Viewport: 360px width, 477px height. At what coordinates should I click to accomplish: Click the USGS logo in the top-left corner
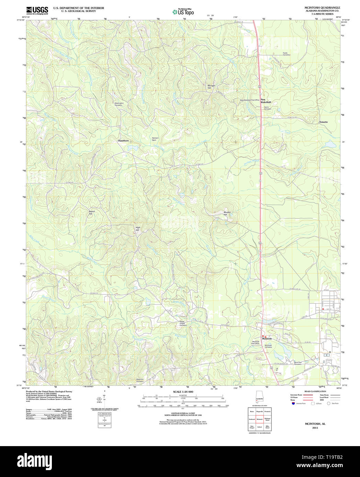click(37, 10)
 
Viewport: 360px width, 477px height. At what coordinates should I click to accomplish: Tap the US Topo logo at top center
click(183, 12)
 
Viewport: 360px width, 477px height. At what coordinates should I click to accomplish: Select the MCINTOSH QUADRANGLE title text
click(317, 8)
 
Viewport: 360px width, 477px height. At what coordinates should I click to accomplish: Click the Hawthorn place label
click(123, 141)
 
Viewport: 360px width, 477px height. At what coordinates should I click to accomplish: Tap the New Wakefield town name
click(266, 101)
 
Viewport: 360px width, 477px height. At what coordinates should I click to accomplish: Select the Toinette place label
click(323, 122)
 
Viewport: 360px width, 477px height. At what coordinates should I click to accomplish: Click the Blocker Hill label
click(227, 213)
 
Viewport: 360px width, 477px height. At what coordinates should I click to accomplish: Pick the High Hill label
click(137, 229)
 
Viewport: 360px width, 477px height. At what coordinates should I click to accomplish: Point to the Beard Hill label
click(91, 212)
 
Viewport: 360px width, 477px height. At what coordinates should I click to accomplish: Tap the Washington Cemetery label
click(119, 104)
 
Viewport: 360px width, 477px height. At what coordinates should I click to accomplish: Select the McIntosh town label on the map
click(267, 338)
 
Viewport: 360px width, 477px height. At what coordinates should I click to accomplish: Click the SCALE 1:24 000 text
click(183, 392)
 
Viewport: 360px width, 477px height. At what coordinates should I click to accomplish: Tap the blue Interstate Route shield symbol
click(293, 404)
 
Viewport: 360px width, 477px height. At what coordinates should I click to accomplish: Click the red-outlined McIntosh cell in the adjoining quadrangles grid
click(260, 419)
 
